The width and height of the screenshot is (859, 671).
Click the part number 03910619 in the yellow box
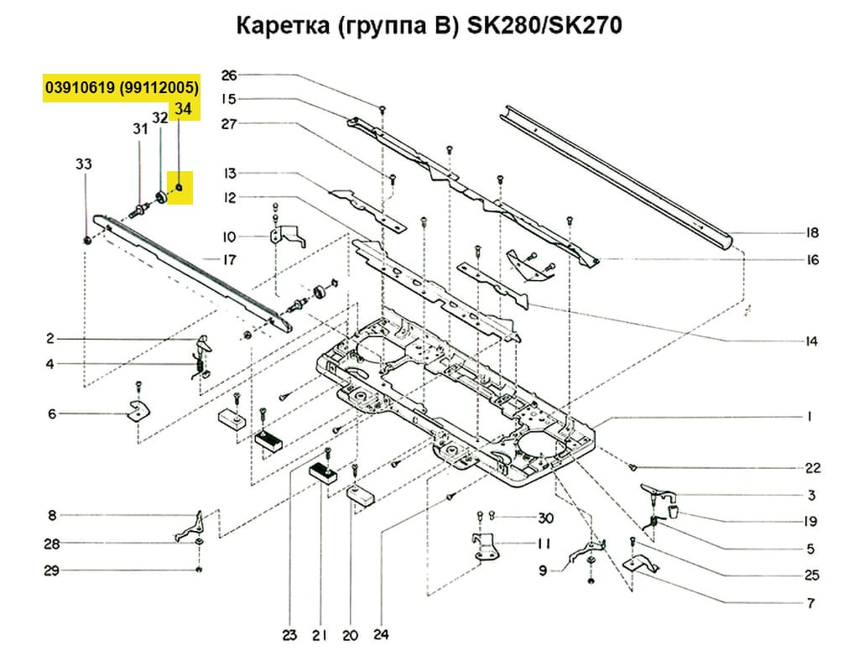click(81, 87)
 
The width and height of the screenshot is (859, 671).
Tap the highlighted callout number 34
click(183, 109)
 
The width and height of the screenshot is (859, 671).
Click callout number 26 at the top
click(230, 75)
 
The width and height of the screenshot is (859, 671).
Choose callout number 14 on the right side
click(810, 341)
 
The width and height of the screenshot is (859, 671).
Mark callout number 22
click(812, 468)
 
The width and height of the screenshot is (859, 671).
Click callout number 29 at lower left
click(52, 571)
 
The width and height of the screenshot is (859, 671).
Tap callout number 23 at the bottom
click(289, 636)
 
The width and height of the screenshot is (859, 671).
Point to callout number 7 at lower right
click(810, 603)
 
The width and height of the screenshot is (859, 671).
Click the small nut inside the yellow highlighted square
click(179, 188)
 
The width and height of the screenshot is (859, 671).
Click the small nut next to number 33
click(88, 241)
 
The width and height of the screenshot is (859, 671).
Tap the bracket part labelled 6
click(135, 410)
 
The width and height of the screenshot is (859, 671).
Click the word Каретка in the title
click(274, 27)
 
